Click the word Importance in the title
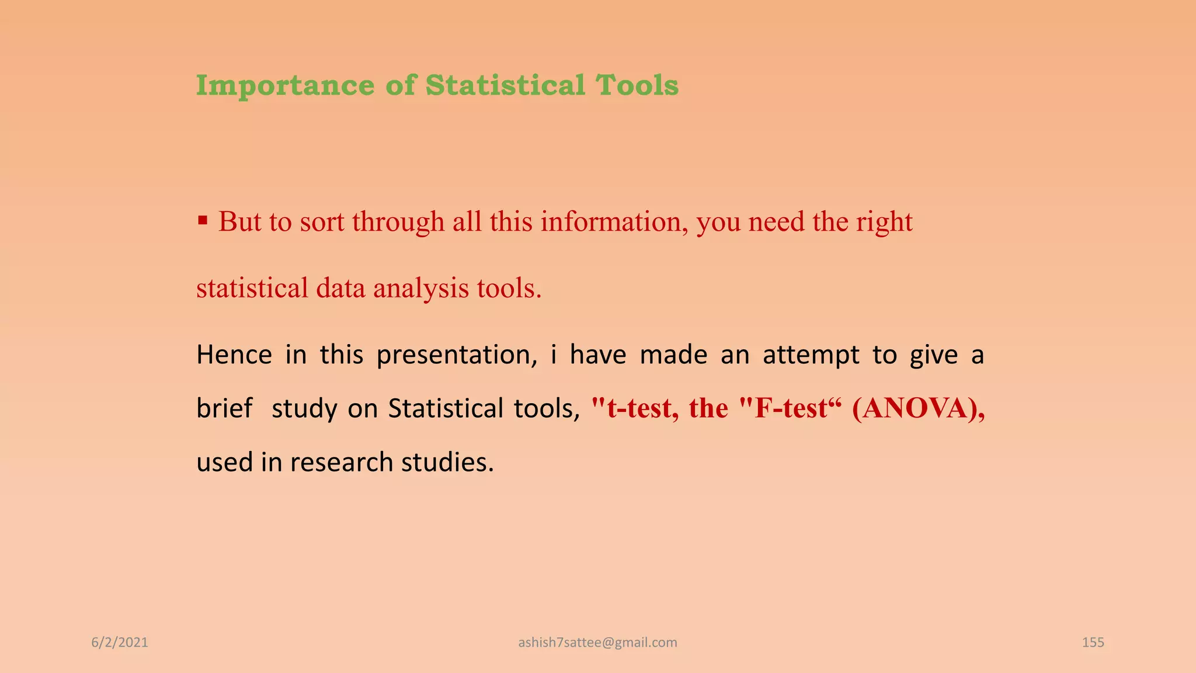click(285, 86)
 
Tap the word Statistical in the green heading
click(505, 85)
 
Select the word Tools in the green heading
click(637, 85)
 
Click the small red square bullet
click(203, 221)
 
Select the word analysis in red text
click(420, 289)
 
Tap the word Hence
click(234, 355)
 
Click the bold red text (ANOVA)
click(918, 408)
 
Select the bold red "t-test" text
click(635, 408)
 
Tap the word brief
click(224, 408)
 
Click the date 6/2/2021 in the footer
click(120, 643)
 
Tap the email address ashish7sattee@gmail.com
click(597, 643)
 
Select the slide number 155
click(1093, 643)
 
